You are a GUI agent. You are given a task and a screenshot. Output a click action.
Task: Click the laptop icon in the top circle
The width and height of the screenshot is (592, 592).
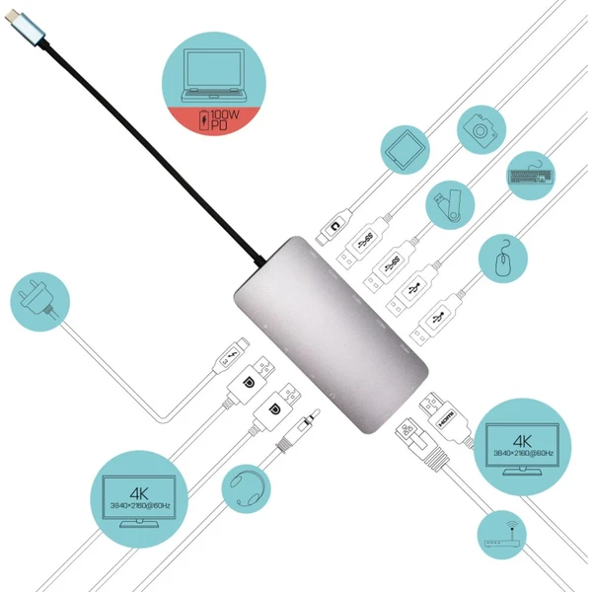tap(214, 75)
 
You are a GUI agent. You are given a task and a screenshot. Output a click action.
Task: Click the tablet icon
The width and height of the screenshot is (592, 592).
tap(406, 150)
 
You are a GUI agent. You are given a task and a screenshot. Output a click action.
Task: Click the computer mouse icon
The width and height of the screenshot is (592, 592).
tap(503, 259)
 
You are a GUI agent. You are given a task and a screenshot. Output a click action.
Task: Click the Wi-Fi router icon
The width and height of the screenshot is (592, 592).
tap(501, 536)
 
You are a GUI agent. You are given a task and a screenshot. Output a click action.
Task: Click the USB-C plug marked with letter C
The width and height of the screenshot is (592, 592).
tap(333, 227)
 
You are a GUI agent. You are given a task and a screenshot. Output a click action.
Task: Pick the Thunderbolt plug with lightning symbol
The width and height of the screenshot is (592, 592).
tap(231, 355)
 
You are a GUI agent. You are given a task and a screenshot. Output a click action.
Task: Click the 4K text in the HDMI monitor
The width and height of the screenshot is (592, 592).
tap(522, 441)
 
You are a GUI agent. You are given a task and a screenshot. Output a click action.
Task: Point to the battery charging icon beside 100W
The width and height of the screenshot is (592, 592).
tap(204, 120)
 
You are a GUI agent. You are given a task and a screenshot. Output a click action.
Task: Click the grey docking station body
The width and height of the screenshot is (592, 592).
tap(331, 334)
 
